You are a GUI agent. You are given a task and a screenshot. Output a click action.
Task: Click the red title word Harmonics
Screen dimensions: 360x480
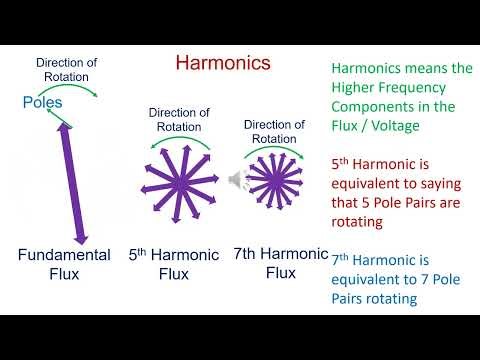coord(223,62)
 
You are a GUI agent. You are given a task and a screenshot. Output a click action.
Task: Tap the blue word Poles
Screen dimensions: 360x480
coord(43,103)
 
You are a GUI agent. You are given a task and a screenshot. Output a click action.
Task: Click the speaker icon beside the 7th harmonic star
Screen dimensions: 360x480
coord(237,179)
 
